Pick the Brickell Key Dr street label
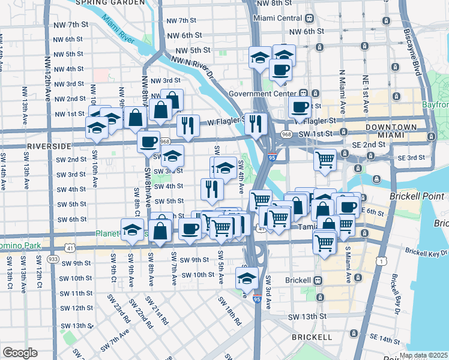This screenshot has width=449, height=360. coord(427,252)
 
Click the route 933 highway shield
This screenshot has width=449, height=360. coord(53,259)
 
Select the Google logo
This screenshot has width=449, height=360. coord(20,352)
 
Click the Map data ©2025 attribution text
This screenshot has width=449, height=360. coord(423,355)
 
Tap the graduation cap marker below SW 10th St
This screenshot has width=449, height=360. coord(246,278)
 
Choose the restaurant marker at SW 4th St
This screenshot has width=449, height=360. coord(212,189)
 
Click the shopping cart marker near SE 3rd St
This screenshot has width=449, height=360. coord(325,160)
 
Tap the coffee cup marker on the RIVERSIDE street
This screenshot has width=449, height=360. coord(148,142)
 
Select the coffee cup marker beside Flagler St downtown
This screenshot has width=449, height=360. coord(300,107)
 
